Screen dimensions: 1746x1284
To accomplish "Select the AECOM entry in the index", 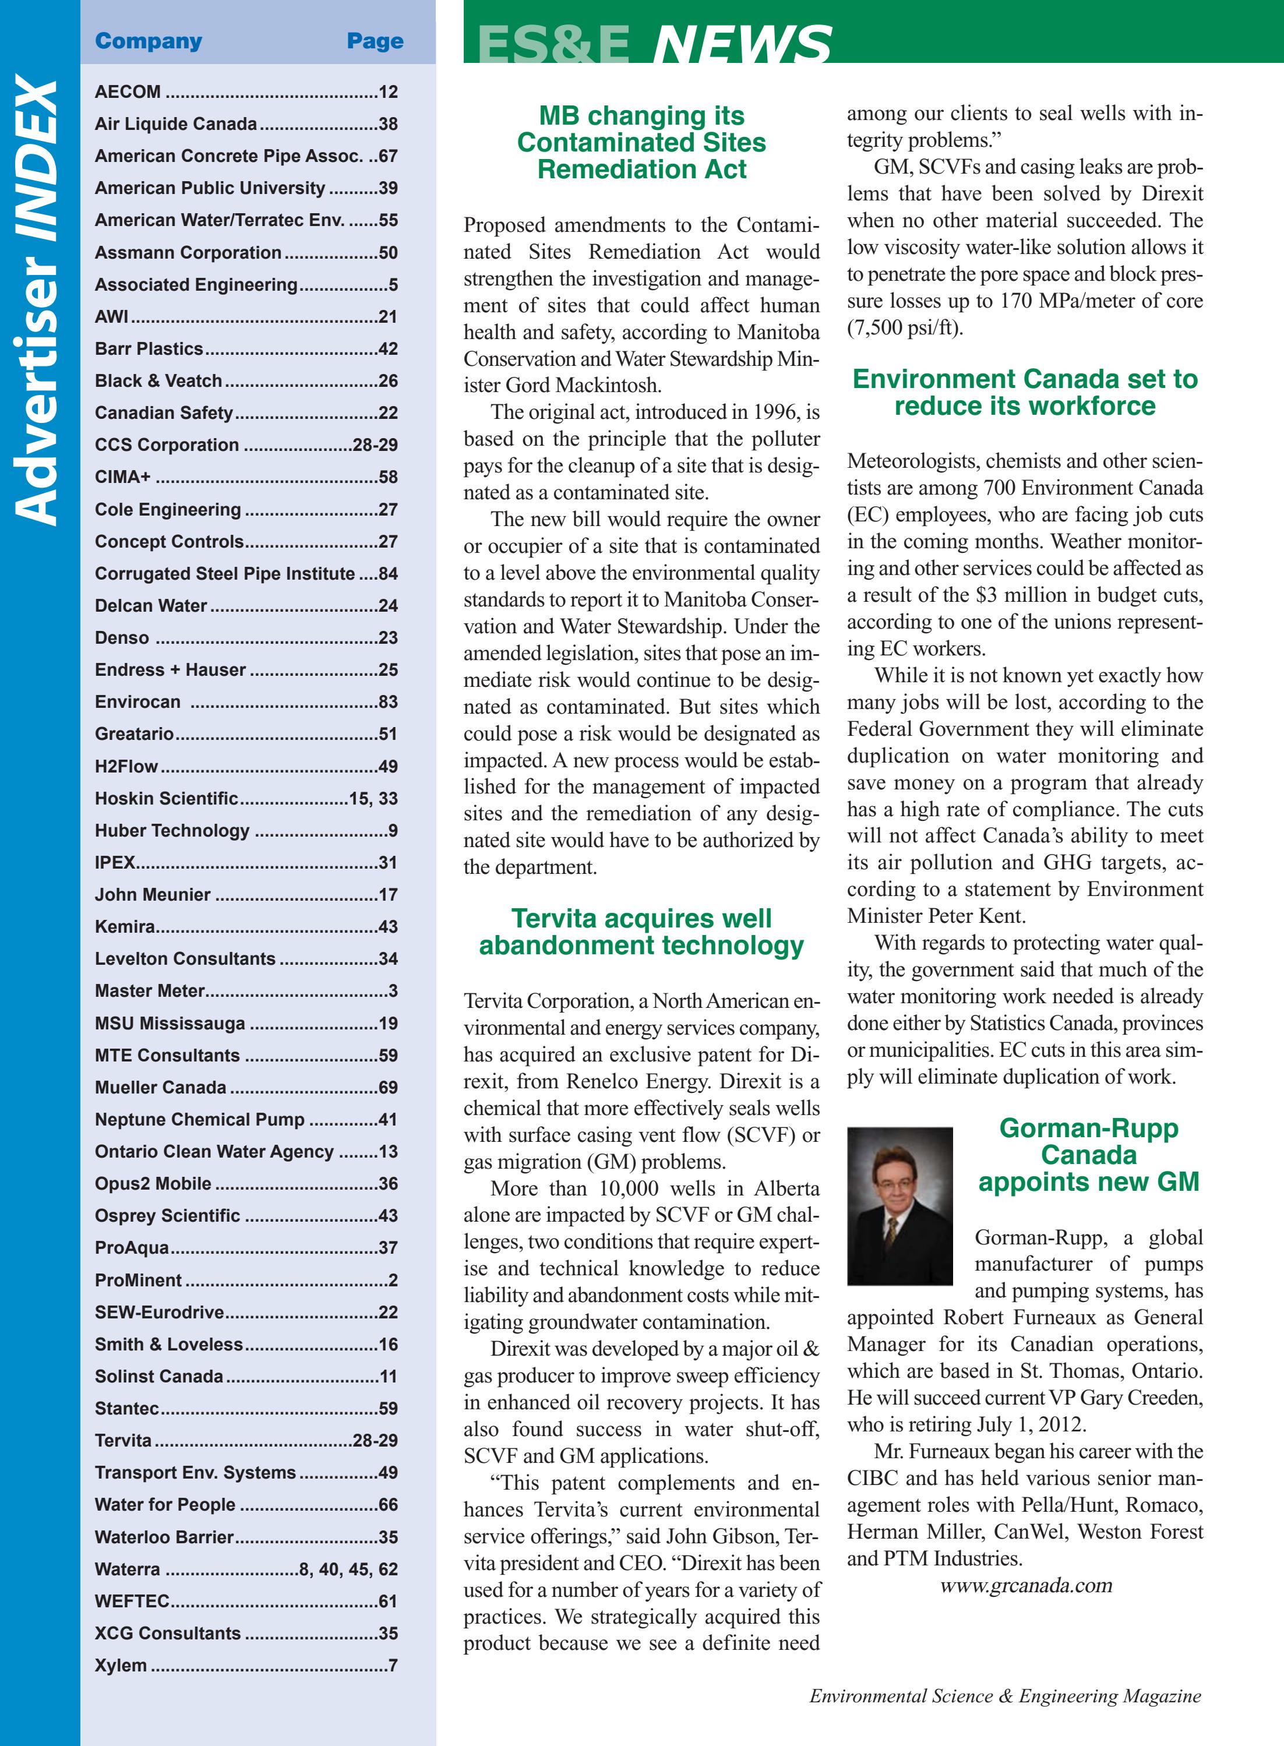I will [128, 91].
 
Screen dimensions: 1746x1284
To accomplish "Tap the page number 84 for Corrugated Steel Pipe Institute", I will [388, 573].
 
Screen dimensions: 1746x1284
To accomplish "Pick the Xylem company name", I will [121, 1664].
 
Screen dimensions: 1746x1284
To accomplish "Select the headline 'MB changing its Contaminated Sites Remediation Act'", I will [641, 142].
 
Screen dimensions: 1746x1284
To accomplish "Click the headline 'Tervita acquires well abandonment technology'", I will [641, 931].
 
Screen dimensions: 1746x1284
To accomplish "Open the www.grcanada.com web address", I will [1026, 1585].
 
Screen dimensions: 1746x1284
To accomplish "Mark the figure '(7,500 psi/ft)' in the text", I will [905, 327].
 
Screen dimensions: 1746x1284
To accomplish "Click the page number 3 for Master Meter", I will [393, 991].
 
